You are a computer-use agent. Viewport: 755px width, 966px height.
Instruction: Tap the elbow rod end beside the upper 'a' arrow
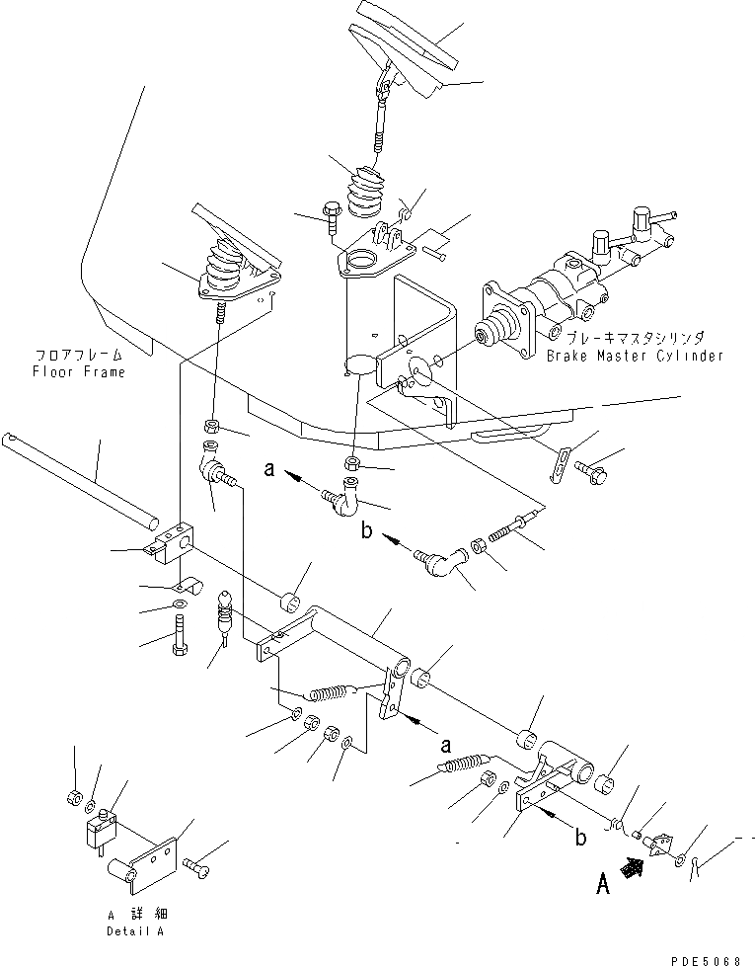click(343, 493)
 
